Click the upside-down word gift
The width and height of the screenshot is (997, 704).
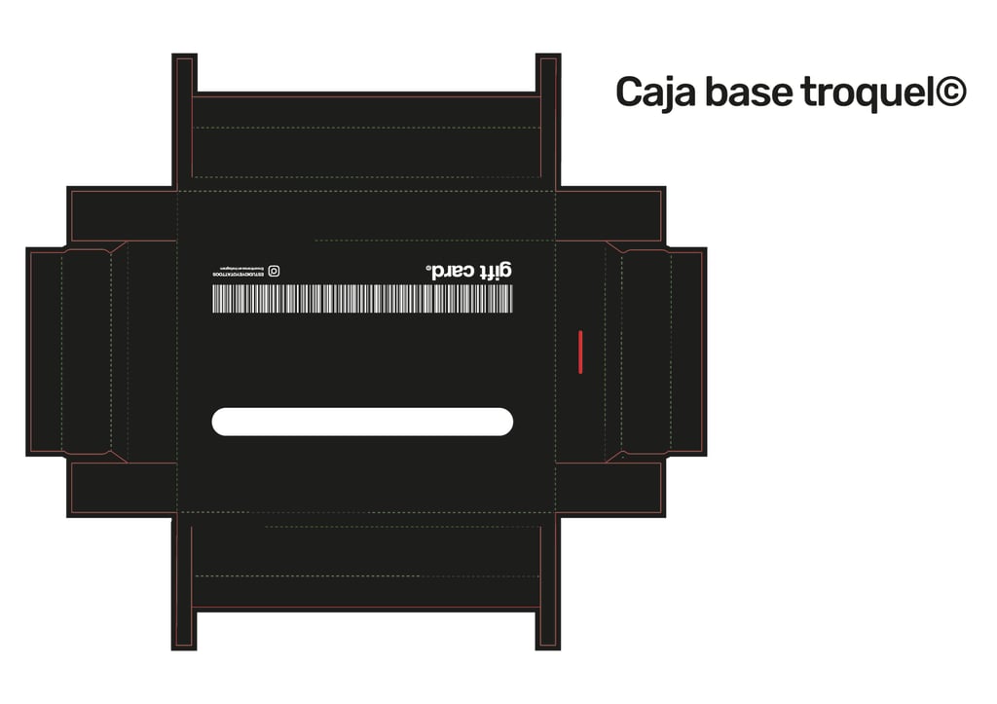(494, 271)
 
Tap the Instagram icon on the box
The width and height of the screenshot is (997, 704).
(275, 271)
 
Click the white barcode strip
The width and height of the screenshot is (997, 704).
(361, 298)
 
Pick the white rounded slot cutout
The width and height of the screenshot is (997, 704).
(361, 422)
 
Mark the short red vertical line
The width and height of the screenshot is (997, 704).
(580, 352)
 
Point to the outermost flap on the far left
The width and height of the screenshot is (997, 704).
(45, 352)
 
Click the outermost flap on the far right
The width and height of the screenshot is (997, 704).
(687, 352)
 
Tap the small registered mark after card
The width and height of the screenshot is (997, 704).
(427, 264)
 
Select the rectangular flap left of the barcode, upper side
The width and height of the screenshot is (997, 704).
(123, 215)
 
